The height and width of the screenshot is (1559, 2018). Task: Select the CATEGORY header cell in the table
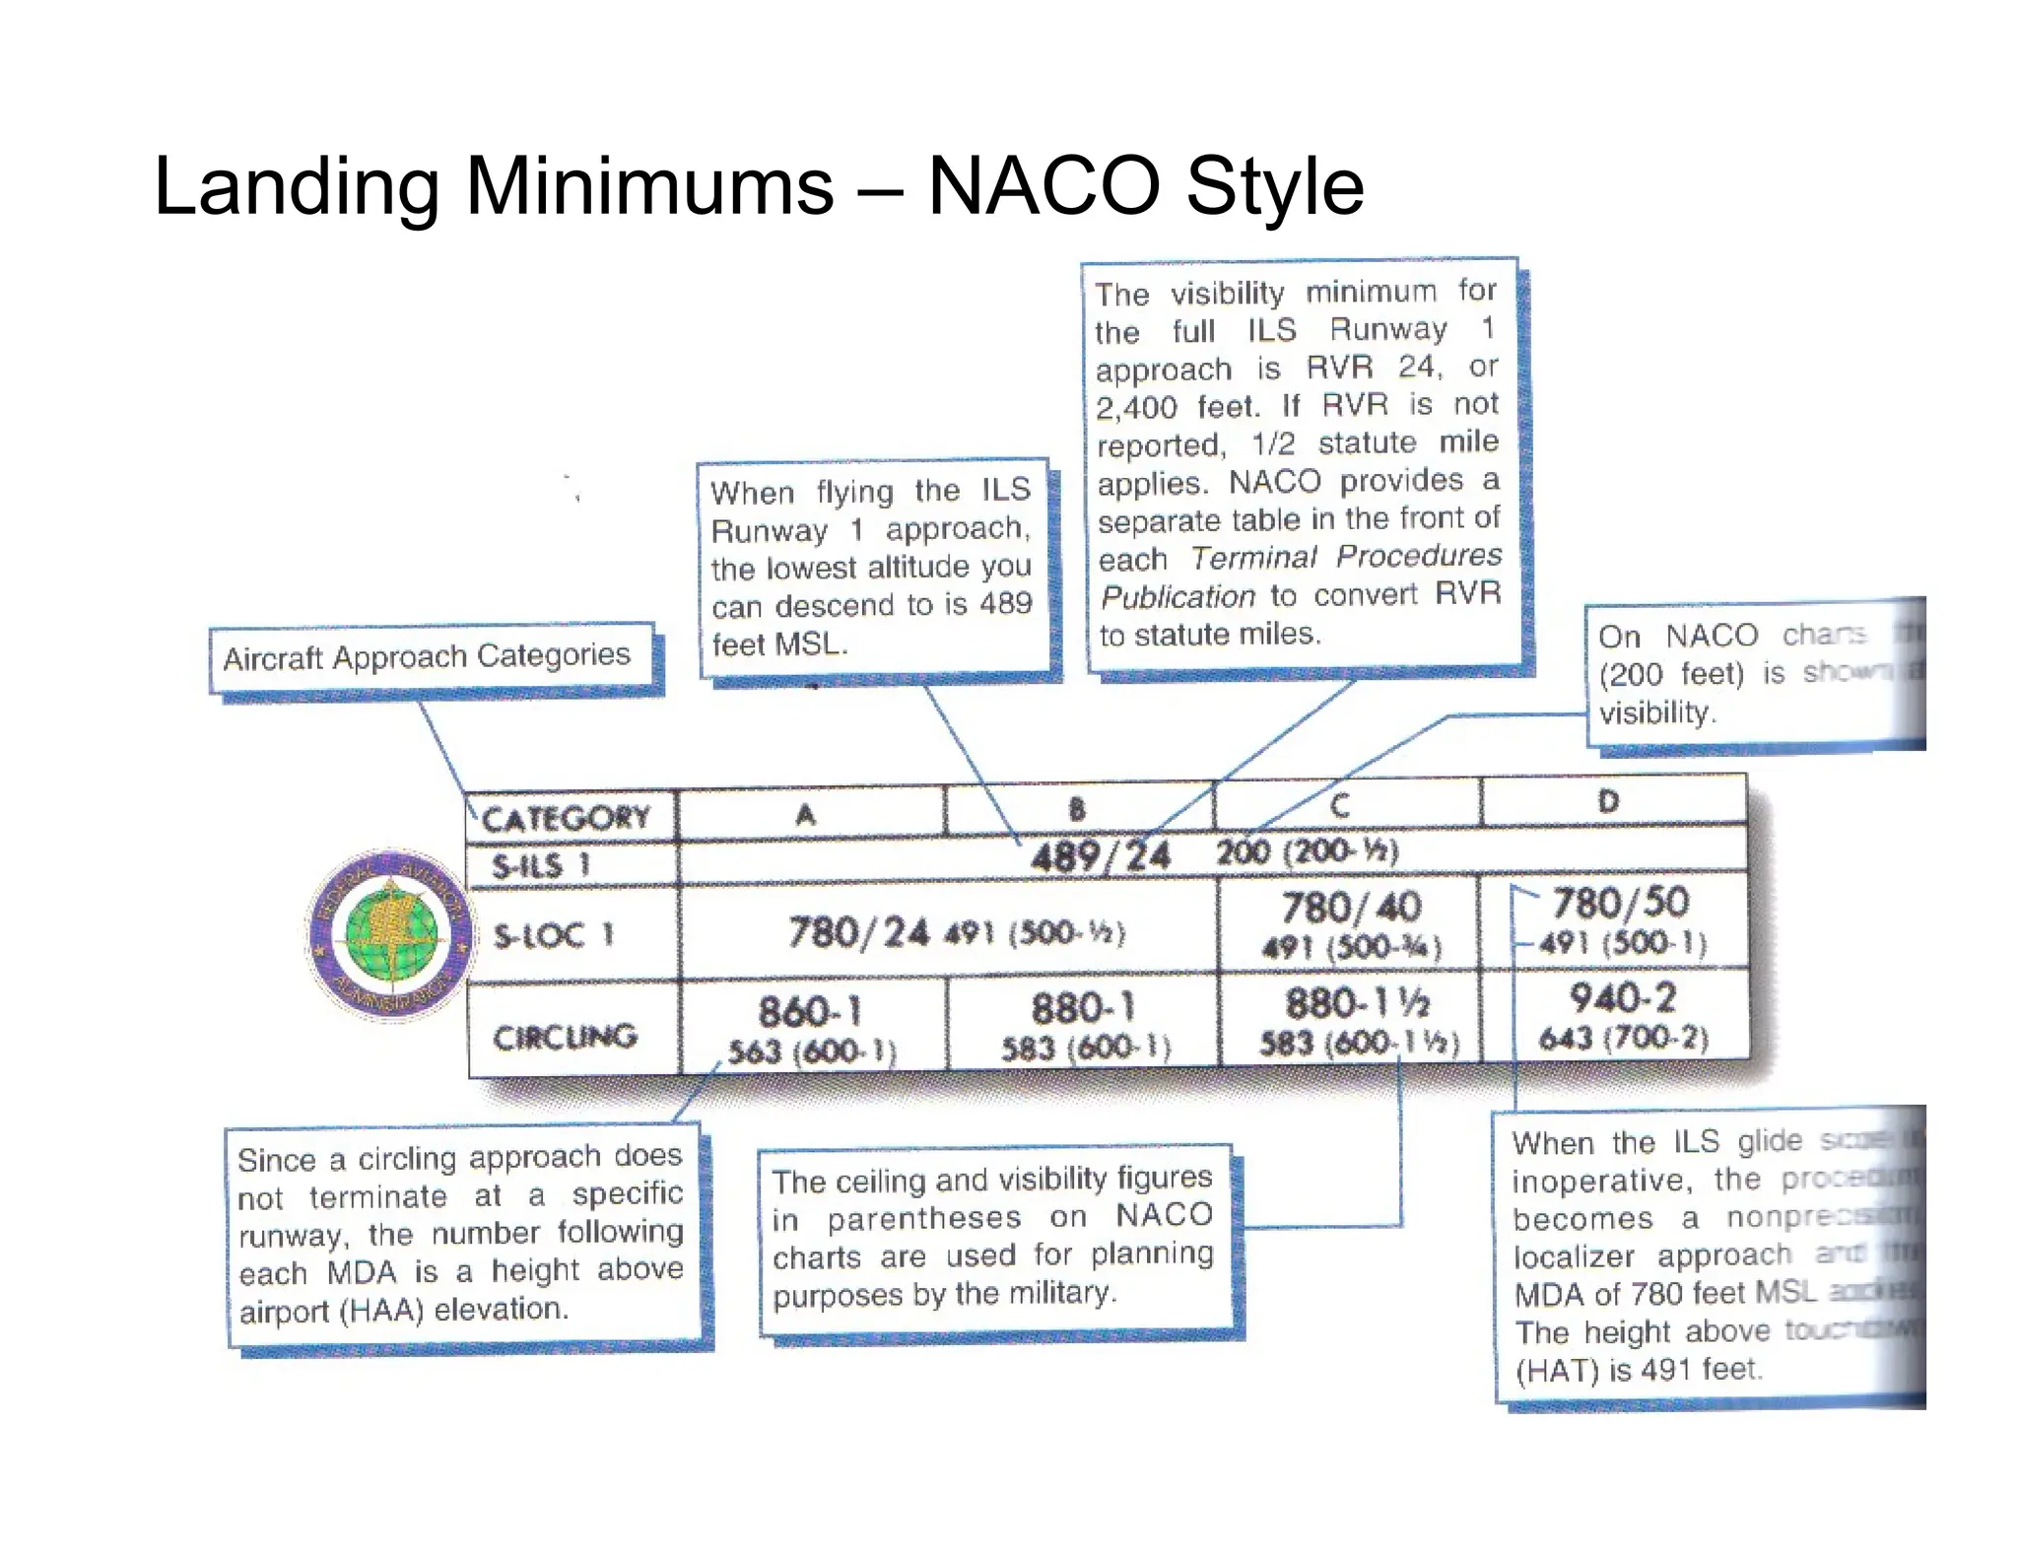coord(567,817)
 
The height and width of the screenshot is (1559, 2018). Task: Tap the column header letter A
coord(807,815)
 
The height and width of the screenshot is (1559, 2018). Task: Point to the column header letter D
coord(1608,802)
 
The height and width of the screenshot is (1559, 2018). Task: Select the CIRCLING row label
coord(565,1037)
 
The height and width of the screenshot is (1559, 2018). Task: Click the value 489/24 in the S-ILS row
coord(1100,855)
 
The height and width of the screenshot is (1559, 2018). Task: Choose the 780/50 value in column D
coord(1620,902)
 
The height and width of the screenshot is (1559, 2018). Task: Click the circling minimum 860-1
coord(810,1011)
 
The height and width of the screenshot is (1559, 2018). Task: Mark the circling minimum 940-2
coord(1622,998)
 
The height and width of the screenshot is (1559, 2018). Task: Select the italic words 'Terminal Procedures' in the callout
coord(1345,557)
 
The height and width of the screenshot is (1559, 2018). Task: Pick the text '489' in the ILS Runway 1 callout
coord(1005,604)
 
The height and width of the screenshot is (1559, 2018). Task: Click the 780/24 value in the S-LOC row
coord(858,931)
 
